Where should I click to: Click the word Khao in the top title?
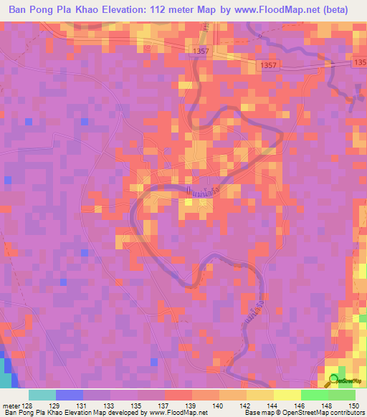pos(90,10)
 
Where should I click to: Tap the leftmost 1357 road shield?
pos(202,52)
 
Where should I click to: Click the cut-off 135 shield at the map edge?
pos(360,64)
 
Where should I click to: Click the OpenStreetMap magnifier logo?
pos(335,380)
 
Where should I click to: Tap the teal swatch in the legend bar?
pos(42,395)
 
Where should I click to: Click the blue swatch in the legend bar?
pos(70,395)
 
